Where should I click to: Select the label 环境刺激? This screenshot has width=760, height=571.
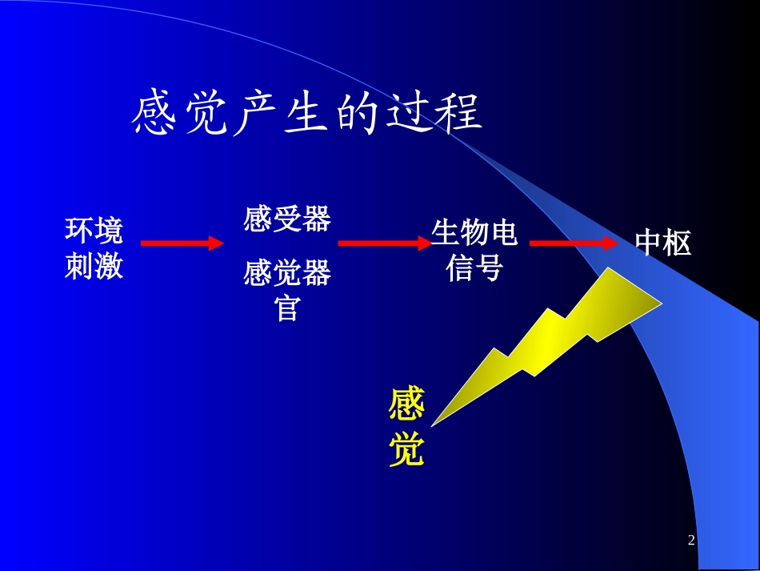click(94, 247)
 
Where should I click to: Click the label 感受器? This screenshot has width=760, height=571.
click(286, 219)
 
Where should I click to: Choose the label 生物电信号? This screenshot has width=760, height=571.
click(474, 250)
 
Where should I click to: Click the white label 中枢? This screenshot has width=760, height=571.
click(663, 243)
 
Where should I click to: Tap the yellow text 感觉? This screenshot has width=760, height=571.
click(406, 428)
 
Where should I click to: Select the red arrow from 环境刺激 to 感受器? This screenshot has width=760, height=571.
click(182, 243)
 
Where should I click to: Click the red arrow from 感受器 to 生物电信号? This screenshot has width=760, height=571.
click(384, 243)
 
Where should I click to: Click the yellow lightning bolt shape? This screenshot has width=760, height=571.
click(560, 336)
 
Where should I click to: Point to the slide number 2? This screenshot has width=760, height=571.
click(691, 541)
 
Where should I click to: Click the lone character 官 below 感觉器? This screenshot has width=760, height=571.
click(286, 308)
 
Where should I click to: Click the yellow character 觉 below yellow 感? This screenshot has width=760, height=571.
click(406, 451)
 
